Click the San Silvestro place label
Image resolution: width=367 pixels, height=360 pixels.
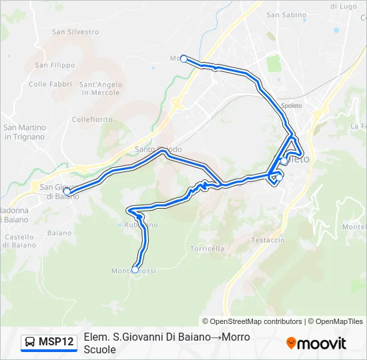click(75, 31)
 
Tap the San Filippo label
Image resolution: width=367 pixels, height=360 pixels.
click(55, 65)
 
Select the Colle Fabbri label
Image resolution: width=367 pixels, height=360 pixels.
click(50, 84)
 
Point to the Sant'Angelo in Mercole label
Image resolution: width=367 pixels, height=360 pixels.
click(100, 88)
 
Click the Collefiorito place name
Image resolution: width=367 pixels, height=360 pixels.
click(92, 119)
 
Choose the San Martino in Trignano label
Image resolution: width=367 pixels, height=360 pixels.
click(25, 132)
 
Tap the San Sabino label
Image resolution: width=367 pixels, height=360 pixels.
click(286, 14)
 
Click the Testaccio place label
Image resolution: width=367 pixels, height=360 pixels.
click(268, 239)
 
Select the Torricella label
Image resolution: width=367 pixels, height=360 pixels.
click(207, 248)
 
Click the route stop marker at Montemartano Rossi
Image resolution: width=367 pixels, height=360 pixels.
click(135, 270)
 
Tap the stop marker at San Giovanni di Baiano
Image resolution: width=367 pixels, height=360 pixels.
click(67, 191)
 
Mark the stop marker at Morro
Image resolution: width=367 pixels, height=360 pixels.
click(183, 59)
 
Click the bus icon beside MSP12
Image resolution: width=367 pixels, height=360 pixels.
click(30, 343)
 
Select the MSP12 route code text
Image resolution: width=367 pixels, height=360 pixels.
click(57, 343)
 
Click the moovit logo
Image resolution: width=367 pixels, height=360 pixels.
click(316, 343)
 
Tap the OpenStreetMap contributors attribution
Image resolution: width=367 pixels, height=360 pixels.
click(252, 321)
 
